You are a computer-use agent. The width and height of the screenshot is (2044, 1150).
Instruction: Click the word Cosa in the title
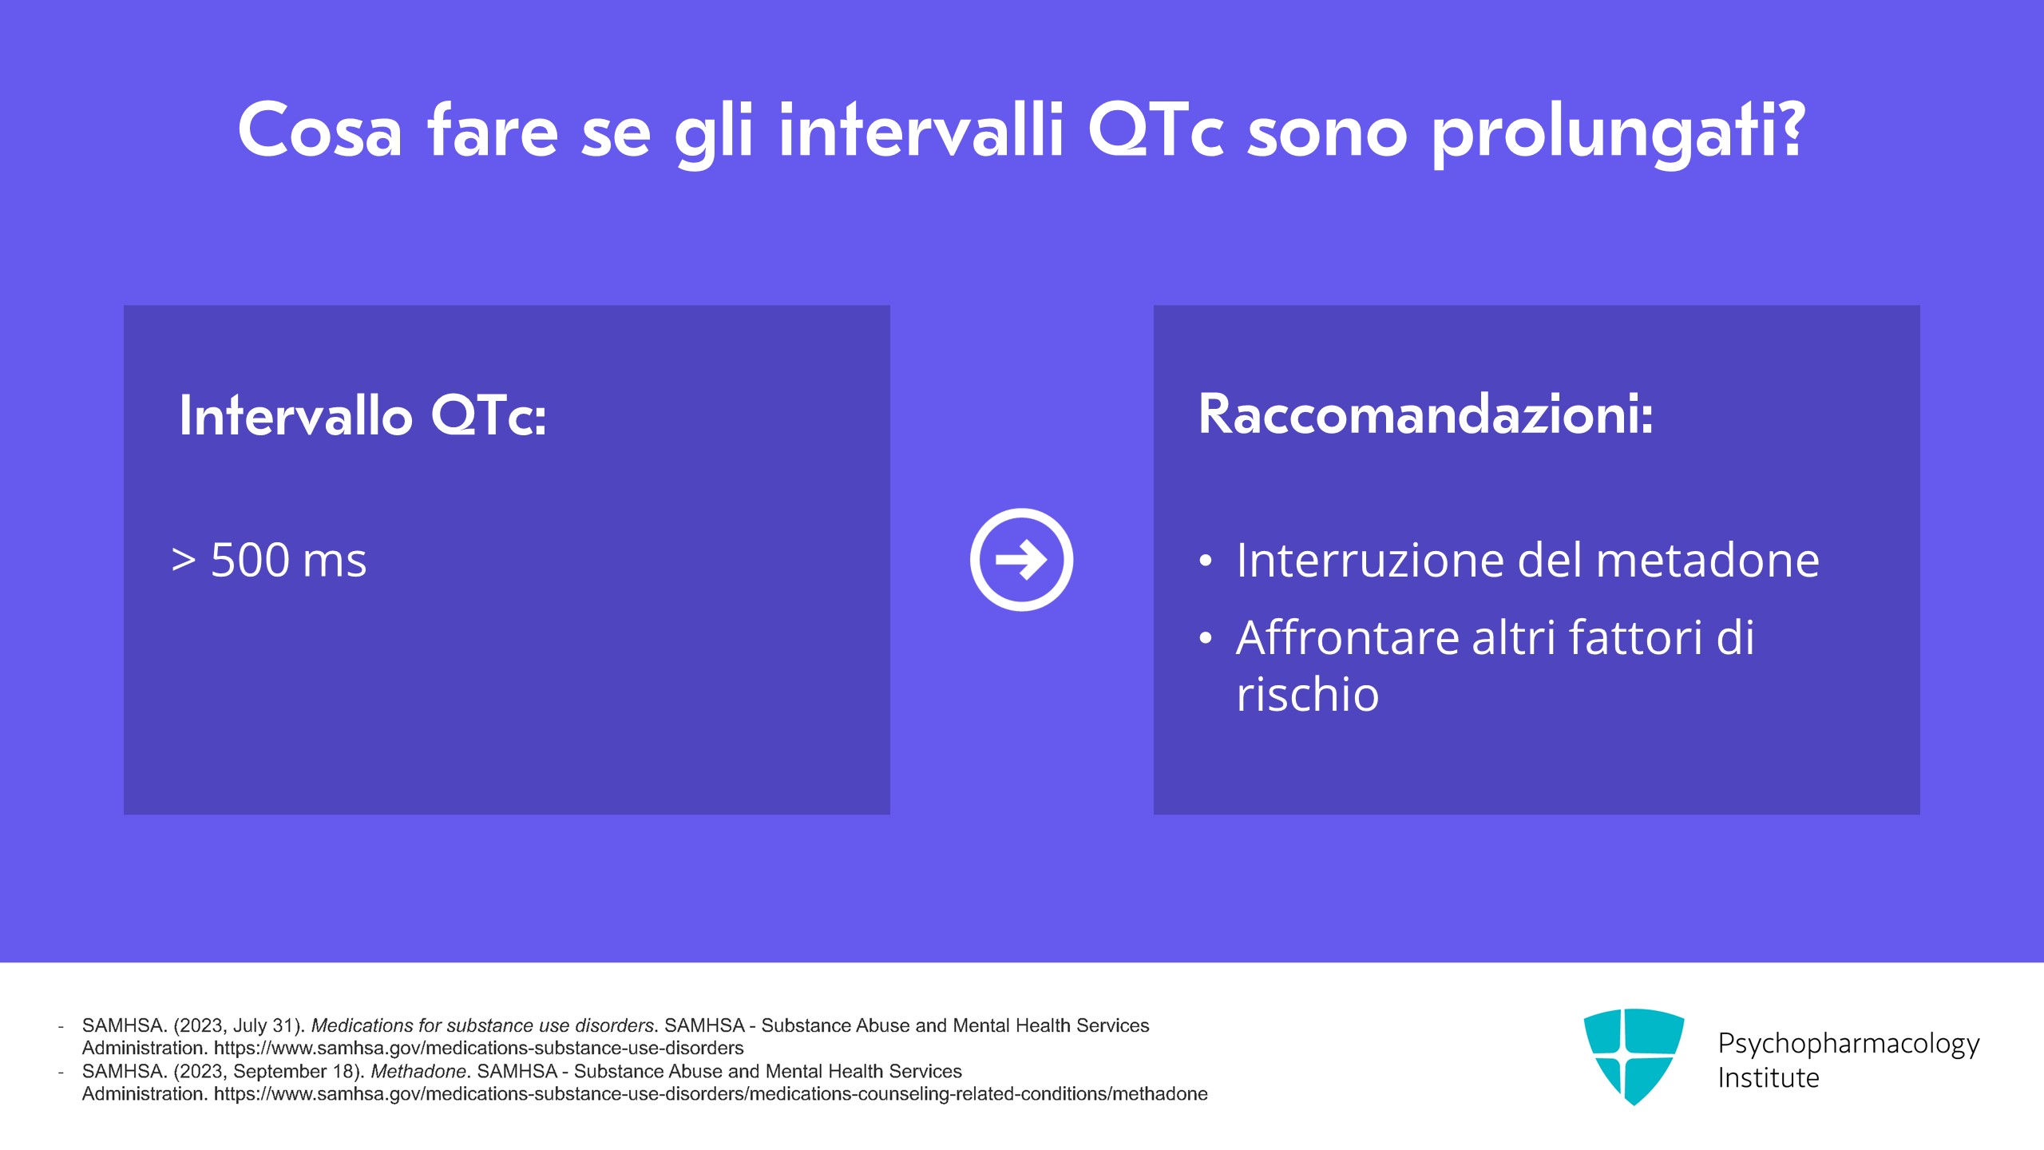(319, 130)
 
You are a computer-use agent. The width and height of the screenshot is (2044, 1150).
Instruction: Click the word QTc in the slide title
(1156, 129)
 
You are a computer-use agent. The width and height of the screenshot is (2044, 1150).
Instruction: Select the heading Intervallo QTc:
(363, 415)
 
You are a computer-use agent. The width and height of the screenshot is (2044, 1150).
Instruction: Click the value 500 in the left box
(250, 560)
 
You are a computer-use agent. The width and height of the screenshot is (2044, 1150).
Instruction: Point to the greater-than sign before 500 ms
(184, 561)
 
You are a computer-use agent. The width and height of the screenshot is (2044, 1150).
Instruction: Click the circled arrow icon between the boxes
(1021, 560)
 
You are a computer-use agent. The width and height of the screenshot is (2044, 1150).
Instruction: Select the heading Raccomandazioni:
(1426, 414)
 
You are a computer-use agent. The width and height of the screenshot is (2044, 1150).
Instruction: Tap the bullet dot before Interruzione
(1206, 561)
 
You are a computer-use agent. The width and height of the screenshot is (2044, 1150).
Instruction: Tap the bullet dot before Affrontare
(1206, 638)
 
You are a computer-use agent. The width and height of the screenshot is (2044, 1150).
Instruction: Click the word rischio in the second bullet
(1308, 693)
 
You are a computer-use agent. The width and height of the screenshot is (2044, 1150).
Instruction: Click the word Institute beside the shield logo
(1769, 1078)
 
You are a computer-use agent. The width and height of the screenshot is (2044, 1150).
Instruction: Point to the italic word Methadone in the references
(418, 1071)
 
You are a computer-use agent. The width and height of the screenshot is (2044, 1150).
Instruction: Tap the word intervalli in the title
(921, 129)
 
